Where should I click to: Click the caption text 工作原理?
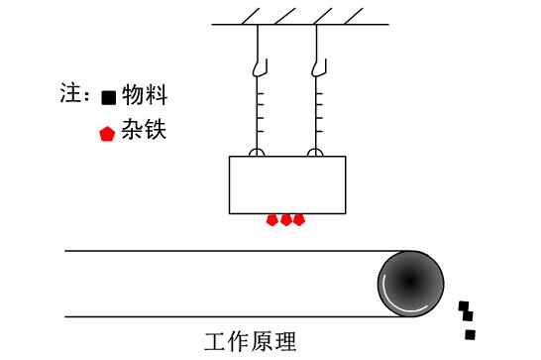click(x=251, y=342)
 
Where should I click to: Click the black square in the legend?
click(x=109, y=97)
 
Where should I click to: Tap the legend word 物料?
click(x=144, y=95)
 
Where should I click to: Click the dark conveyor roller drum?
click(x=410, y=284)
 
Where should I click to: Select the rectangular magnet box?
click(x=287, y=184)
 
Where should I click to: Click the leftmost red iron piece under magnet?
click(x=273, y=220)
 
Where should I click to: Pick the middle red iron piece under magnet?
click(x=286, y=220)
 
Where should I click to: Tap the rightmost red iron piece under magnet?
click(x=299, y=220)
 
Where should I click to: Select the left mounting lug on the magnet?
click(x=257, y=153)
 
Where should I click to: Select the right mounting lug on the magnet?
click(x=316, y=153)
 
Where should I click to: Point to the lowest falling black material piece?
click(x=470, y=334)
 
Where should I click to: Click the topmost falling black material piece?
click(x=462, y=305)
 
